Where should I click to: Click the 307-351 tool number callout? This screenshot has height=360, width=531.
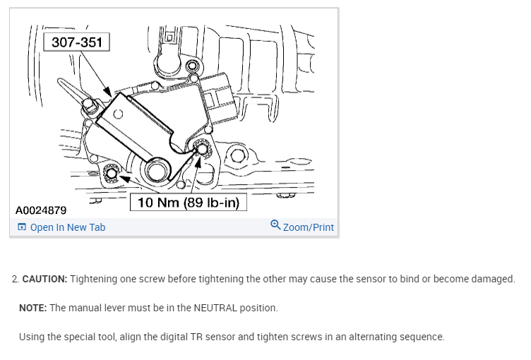(x=76, y=42)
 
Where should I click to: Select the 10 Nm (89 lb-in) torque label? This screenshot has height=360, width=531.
(x=188, y=203)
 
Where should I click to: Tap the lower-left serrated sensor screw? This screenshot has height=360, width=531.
(x=109, y=174)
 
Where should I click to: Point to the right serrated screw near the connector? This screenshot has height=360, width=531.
(x=200, y=148)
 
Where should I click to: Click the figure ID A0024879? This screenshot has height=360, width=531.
(x=41, y=210)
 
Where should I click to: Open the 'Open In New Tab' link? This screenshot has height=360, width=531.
(x=68, y=227)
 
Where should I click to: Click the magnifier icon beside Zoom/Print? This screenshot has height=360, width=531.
(x=275, y=226)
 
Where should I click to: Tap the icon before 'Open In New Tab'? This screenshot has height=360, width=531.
(x=22, y=227)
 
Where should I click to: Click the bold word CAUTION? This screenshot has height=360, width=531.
(x=44, y=279)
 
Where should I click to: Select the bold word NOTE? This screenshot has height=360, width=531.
(x=32, y=308)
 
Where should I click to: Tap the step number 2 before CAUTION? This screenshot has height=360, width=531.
(x=14, y=279)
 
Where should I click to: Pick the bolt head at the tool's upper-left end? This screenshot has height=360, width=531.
(x=90, y=107)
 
